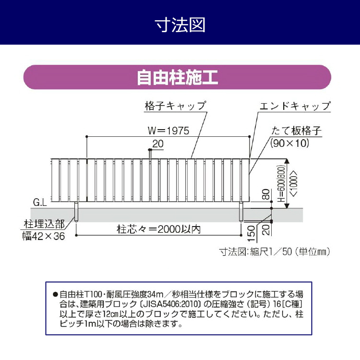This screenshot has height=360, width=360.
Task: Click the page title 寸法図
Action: pyautogui.click(x=180, y=25)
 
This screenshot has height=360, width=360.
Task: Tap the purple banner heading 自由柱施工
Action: pyautogui.click(x=177, y=77)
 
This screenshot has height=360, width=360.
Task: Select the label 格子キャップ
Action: pyautogui.click(x=175, y=106)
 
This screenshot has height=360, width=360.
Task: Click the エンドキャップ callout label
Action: pyautogui.click(x=295, y=106)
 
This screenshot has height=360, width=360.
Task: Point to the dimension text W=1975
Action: pyautogui.click(x=168, y=131)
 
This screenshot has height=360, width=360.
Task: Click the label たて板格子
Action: pyautogui.click(x=296, y=131)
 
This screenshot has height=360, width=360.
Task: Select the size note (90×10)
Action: pyautogui.click(x=290, y=143)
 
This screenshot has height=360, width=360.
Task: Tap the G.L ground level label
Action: pyautogui.click(x=40, y=203)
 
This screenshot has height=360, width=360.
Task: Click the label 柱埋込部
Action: pyautogui.click(x=44, y=224)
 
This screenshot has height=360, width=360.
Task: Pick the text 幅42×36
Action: pyautogui.click(x=44, y=236)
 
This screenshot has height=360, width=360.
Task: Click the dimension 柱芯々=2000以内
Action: pyautogui.click(x=159, y=229)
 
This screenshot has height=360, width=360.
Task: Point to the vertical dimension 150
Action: pyautogui.click(x=252, y=233)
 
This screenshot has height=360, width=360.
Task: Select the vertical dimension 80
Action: pyautogui.click(x=265, y=194)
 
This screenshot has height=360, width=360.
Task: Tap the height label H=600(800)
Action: pyautogui.click(x=281, y=183)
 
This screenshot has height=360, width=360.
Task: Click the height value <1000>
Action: pyautogui.click(x=294, y=184)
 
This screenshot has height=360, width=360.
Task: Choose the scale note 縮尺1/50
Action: pyautogui.click(x=271, y=252)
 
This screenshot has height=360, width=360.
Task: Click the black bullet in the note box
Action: pyautogui.click(x=55, y=294)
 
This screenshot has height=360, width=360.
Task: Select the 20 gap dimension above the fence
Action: pyautogui.click(x=158, y=144)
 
